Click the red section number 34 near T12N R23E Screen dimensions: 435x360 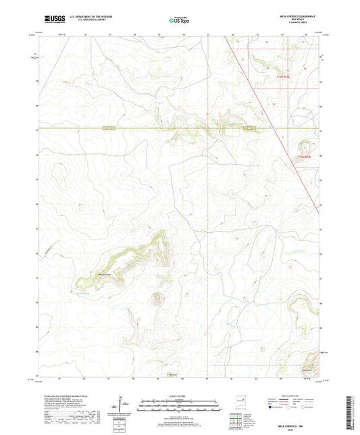tap(267, 68)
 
